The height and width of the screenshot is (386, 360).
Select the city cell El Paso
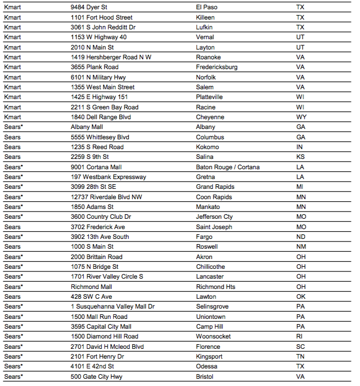[x=206, y=7]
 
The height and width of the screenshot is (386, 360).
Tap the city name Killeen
[x=205, y=17]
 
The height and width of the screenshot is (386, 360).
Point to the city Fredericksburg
[x=217, y=67]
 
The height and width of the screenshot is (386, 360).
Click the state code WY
[x=301, y=117]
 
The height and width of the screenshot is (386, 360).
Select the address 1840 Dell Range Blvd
[x=101, y=117]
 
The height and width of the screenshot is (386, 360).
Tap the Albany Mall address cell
[x=87, y=127]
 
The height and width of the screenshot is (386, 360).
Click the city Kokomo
[x=208, y=147]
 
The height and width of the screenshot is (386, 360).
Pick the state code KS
[x=300, y=157]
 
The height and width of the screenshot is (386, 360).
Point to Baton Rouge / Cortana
[x=228, y=167]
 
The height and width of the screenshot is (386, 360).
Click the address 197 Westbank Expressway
[x=108, y=177]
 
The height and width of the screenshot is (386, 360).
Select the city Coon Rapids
[x=214, y=197]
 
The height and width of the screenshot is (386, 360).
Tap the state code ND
[x=301, y=237]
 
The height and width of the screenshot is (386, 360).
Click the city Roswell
[x=207, y=247]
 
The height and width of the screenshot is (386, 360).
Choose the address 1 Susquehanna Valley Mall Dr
[x=113, y=307]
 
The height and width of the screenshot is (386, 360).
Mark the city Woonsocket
[x=213, y=336]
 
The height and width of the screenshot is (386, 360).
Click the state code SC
[x=301, y=347]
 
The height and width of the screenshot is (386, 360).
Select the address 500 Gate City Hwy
[x=97, y=377]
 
